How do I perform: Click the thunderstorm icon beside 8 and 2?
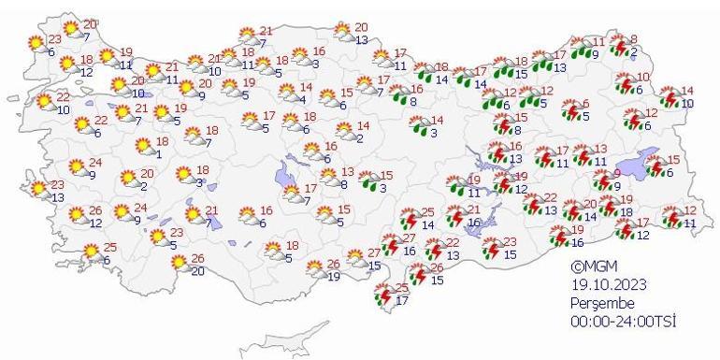619,45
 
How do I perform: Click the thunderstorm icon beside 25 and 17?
383,295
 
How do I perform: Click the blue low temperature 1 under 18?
159,154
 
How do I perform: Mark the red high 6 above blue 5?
585,105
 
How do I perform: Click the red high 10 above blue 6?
643,78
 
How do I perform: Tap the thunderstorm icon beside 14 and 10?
671,96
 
